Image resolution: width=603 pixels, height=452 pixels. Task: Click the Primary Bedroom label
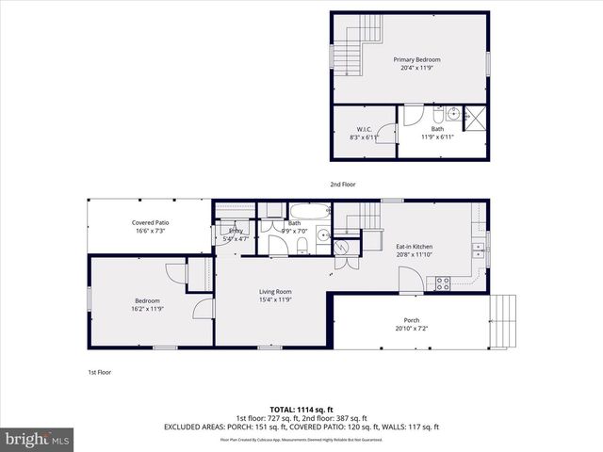coord(416,59)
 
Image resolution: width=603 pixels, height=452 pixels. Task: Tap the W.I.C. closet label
coord(363,129)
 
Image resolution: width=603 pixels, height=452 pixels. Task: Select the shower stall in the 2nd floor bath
coord(477,118)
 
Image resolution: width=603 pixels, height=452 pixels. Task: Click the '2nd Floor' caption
coord(342,184)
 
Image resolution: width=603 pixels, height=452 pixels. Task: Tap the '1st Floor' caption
coord(99,372)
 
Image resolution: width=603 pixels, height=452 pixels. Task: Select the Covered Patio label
coord(149,223)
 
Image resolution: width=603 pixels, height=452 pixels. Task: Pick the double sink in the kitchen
coord(479,250)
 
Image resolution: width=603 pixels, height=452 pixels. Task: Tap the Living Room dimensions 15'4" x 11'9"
coord(275,299)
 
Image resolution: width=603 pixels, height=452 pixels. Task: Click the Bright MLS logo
coord(38,439)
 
